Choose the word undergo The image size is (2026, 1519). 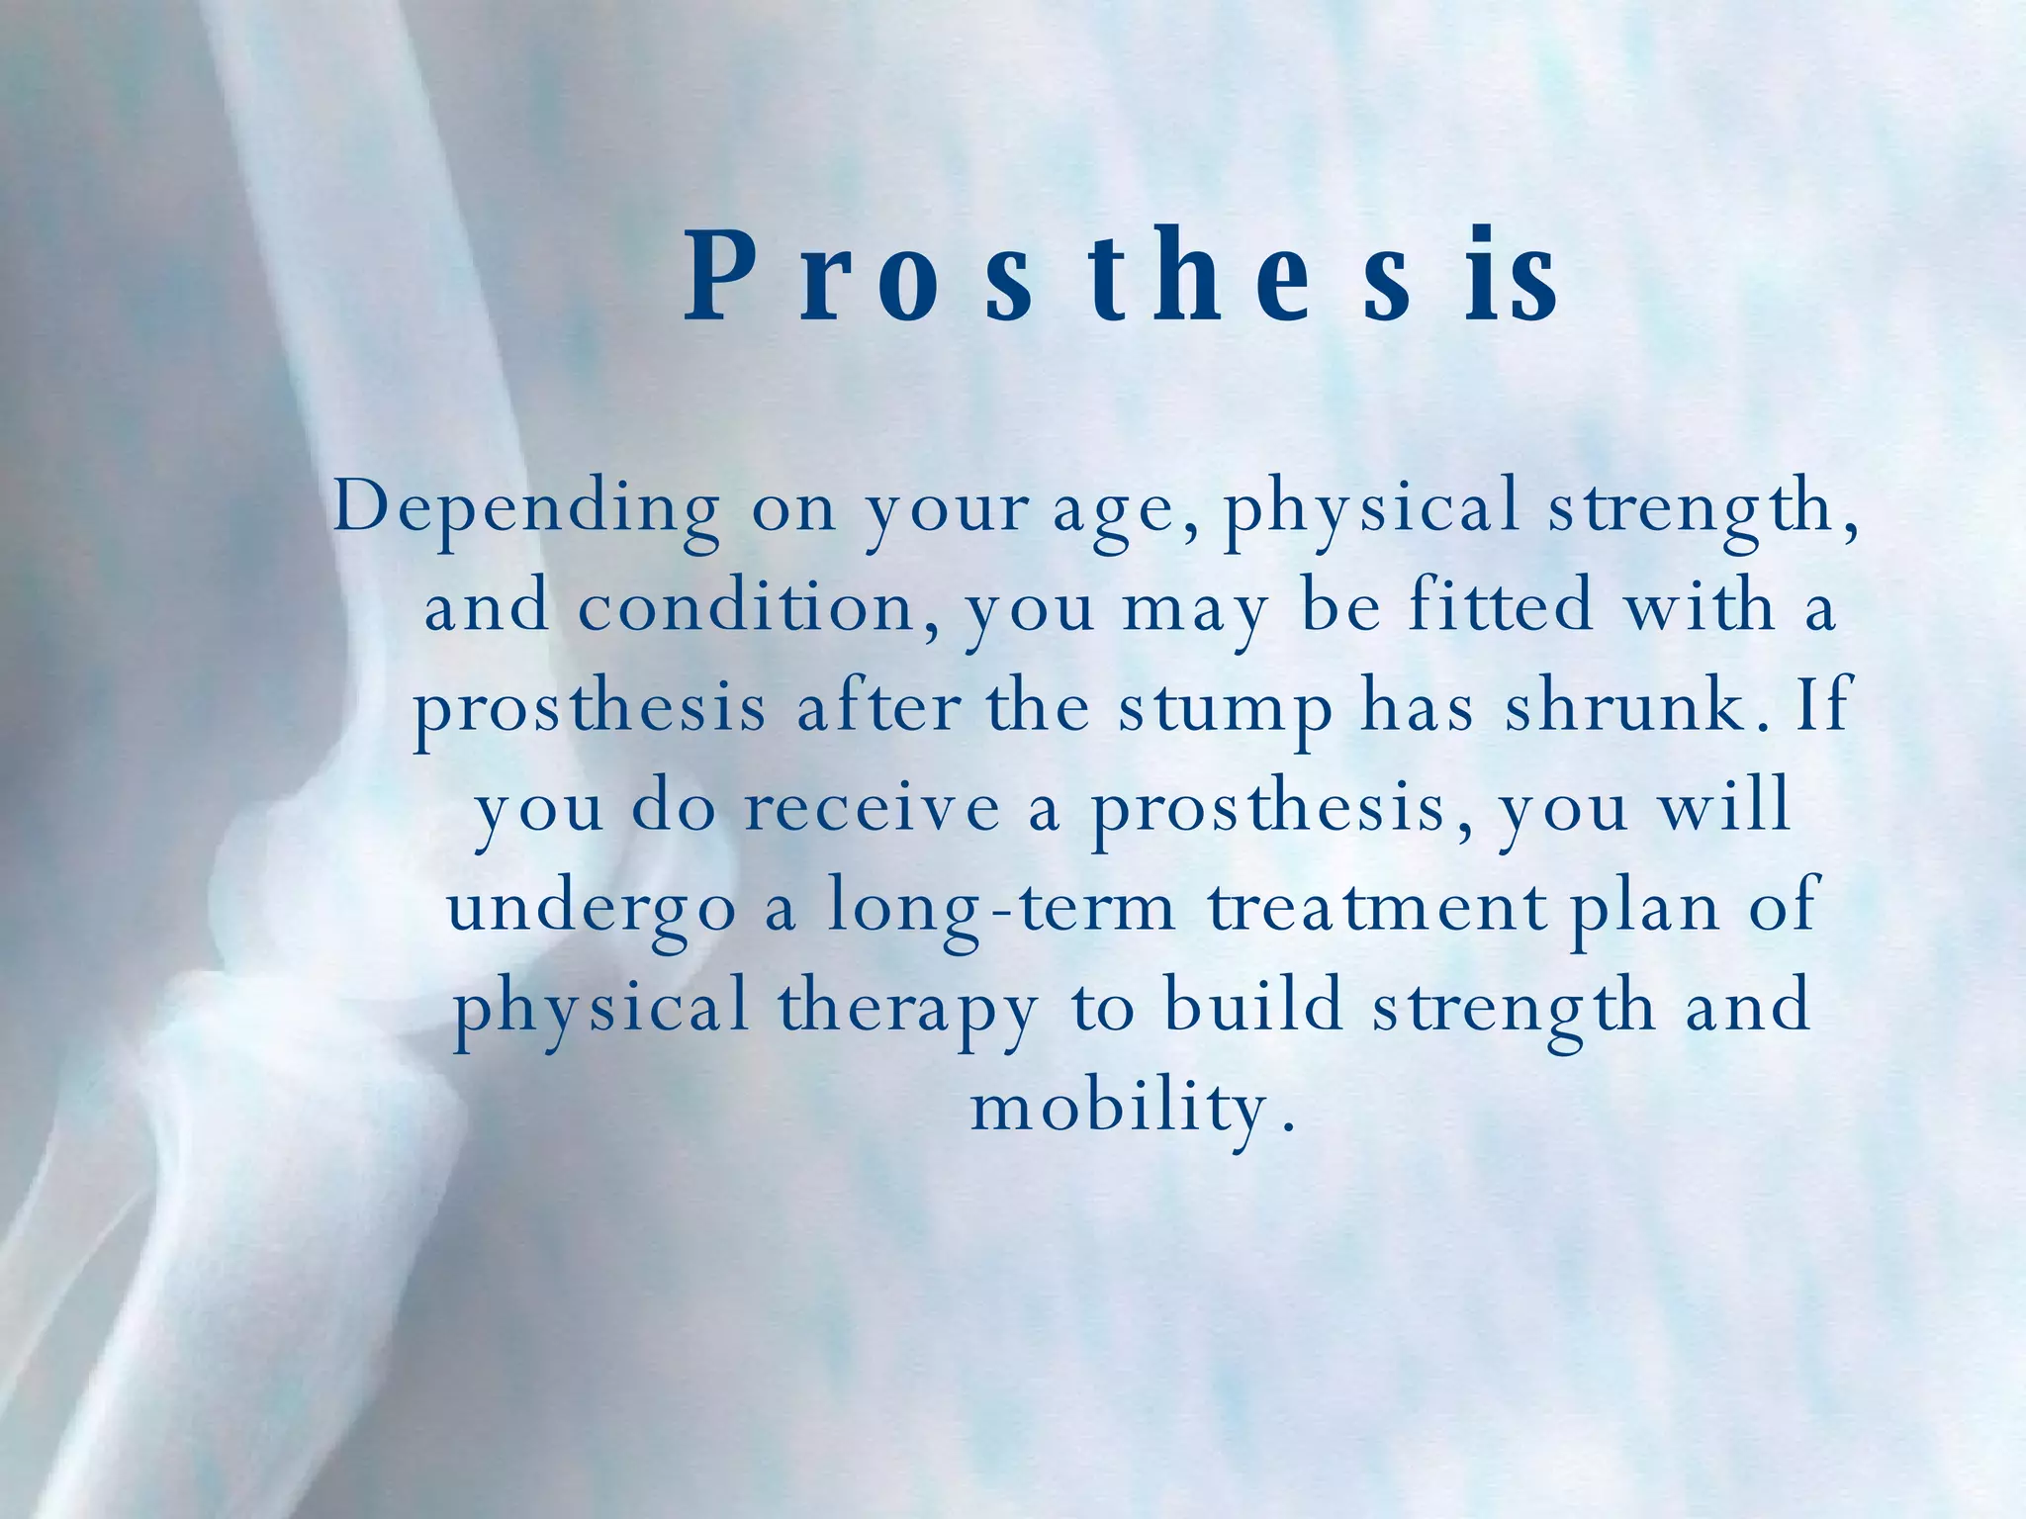592,911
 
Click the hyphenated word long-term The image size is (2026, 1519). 1000,911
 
